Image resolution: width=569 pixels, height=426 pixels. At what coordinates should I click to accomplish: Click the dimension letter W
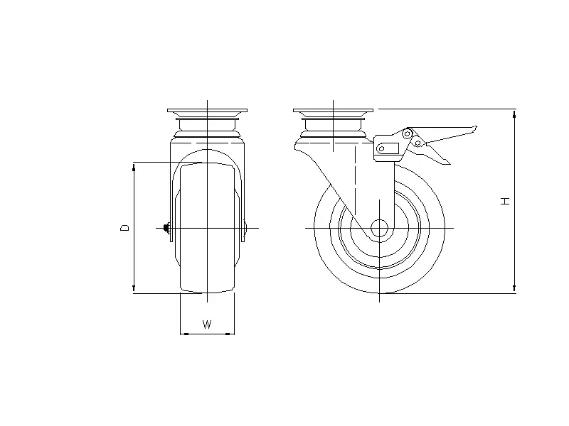[207, 325]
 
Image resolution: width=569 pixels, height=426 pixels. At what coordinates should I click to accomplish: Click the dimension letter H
[506, 201]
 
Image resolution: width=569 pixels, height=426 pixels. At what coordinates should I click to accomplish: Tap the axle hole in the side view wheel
[379, 228]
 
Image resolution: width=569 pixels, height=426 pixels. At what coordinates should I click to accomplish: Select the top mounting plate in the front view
[207, 111]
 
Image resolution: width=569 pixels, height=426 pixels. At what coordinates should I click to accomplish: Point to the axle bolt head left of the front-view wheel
[166, 228]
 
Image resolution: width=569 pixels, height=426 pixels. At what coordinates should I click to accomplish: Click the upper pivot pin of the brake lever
[408, 133]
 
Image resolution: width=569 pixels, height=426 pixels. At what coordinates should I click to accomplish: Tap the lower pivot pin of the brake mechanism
[419, 143]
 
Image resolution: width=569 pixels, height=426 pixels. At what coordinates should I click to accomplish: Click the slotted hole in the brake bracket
[387, 148]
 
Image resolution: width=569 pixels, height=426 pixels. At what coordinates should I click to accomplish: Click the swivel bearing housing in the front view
[207, 126]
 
